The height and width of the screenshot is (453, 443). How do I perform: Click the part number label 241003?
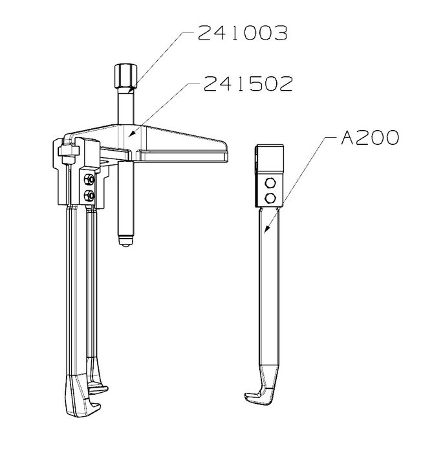click(x=243, y=33)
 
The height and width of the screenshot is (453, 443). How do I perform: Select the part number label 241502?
click(x=248, y=84)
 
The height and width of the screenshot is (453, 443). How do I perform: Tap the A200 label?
click(x=370, y=137)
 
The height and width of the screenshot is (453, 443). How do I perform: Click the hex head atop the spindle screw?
click(x=125, y=76)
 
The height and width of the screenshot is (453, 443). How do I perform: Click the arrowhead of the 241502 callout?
click(x=131, y=133)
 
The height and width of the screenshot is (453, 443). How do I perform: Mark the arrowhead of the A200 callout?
click(x=266, y=228)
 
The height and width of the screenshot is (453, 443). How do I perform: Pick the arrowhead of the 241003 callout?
click(x=131, y=89)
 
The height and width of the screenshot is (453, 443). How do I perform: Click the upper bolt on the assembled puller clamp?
click(x=89, y=180)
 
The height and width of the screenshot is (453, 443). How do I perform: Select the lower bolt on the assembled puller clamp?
click(x=89, y=197)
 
